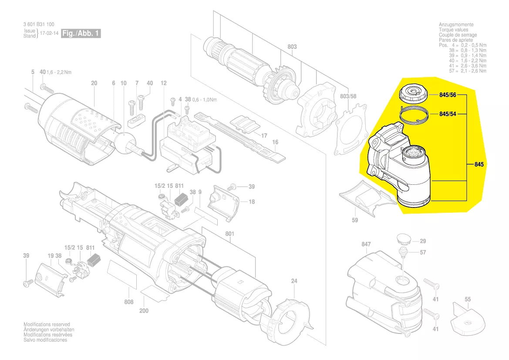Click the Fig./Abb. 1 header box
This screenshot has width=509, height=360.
[x=81, y=34]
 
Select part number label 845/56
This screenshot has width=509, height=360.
[x=448, y=95]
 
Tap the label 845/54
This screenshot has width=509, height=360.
[x=448, y=114]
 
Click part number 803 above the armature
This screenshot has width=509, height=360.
[x=292, y=47]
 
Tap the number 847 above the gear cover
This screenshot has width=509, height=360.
[x=366, y=244]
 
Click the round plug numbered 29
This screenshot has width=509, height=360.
[x=404, y=240]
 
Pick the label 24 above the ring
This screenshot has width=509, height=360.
[x=294, y=281]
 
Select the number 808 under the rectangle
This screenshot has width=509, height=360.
[x=128, y=301]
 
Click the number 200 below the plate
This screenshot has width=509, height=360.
[x=144, y=311]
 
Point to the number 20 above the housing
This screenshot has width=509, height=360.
[x=94, y=83]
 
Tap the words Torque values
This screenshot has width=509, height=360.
[x=454, y=30]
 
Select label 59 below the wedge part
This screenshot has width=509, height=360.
[x=355, y=220]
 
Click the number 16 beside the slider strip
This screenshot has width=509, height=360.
[x=275, y=142]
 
